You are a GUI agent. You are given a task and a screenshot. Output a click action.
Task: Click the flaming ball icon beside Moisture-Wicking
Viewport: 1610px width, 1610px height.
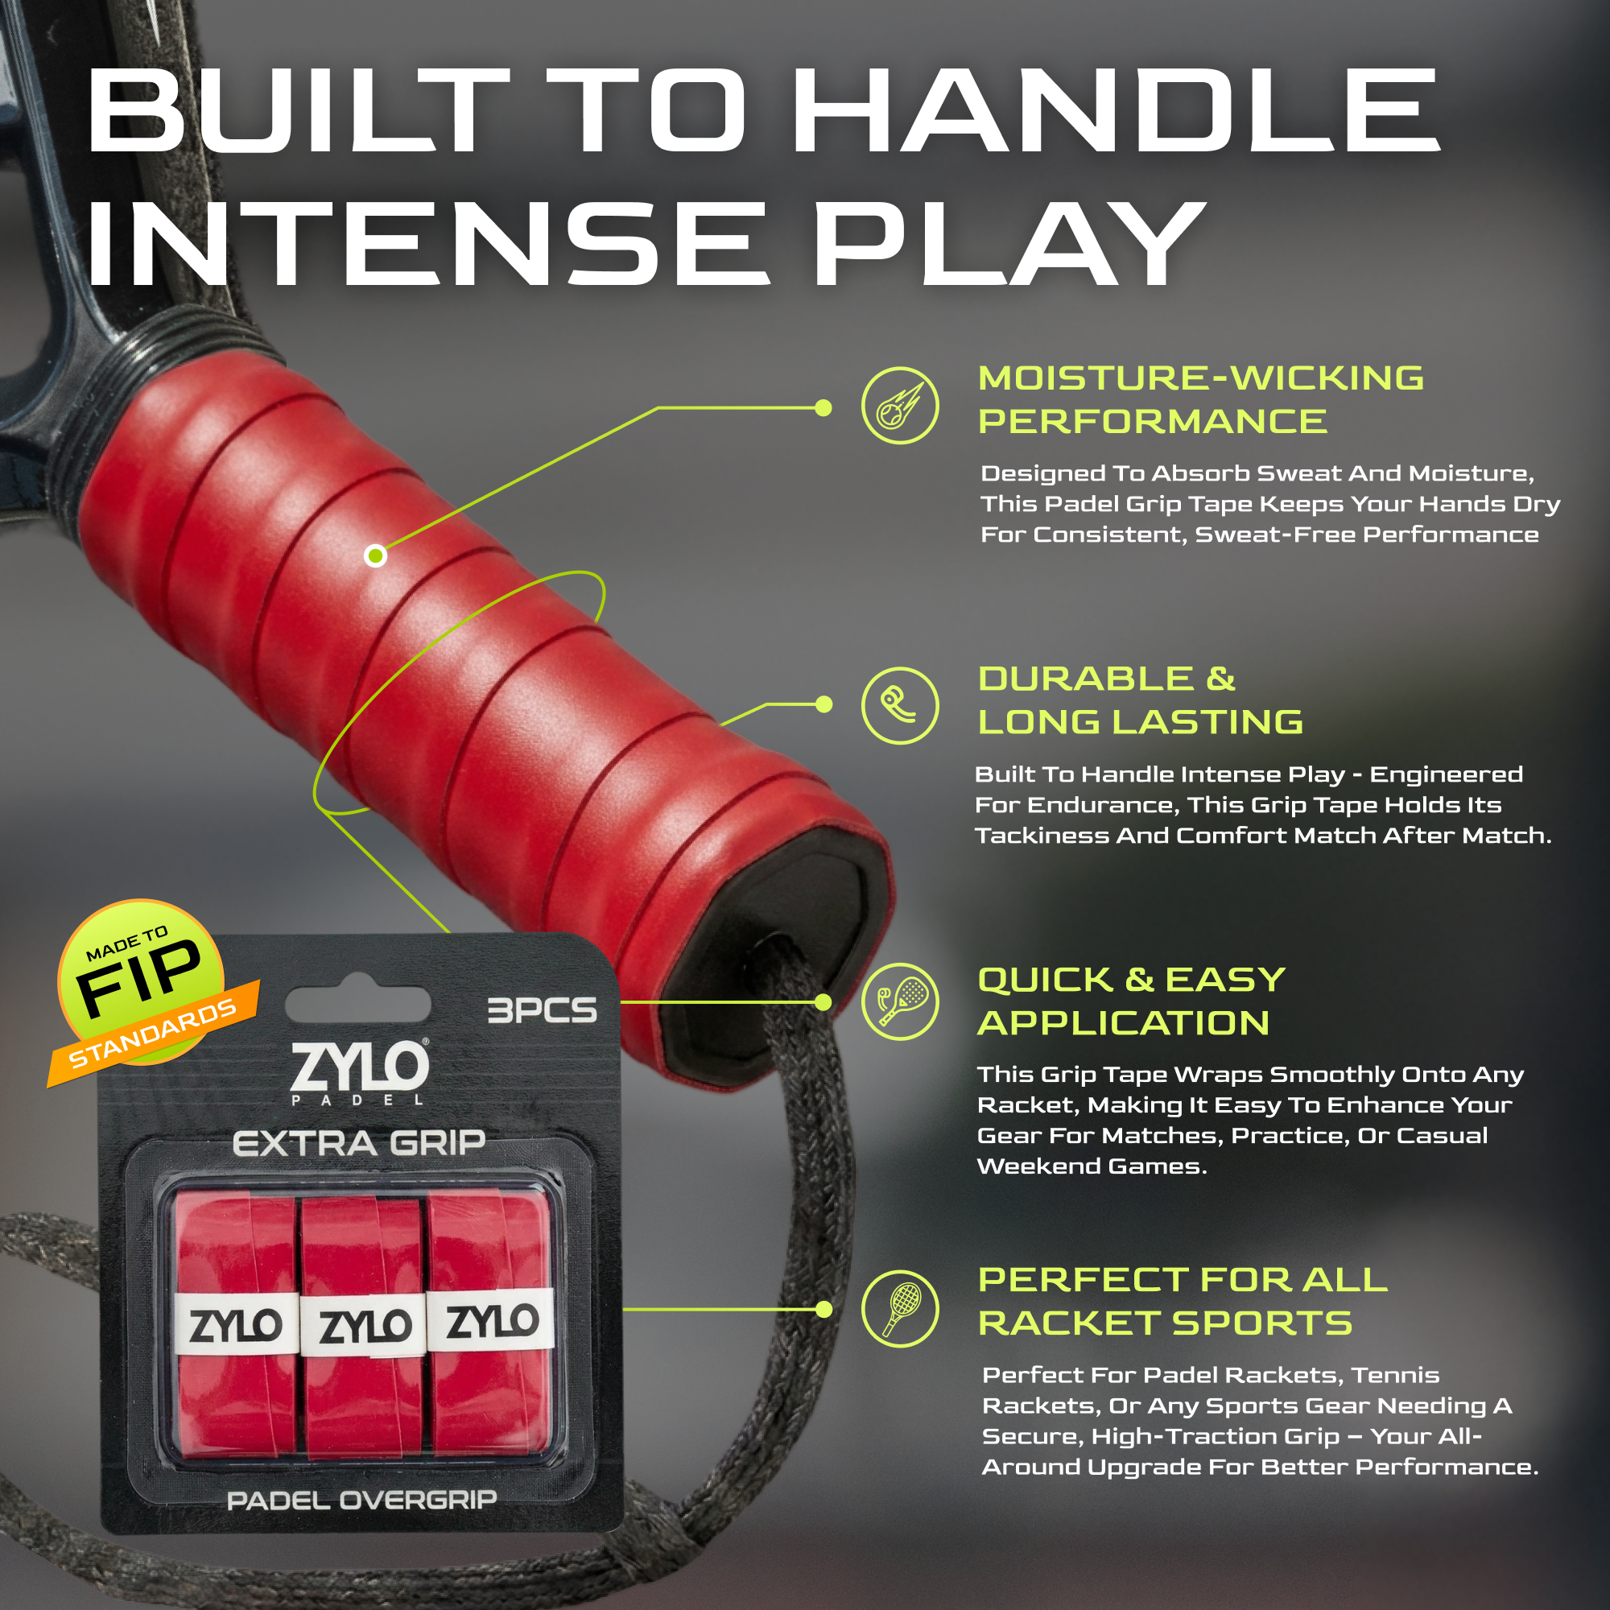click(x=900, y=406)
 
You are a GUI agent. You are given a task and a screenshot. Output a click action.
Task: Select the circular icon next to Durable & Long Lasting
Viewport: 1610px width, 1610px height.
click(x=900, y=705)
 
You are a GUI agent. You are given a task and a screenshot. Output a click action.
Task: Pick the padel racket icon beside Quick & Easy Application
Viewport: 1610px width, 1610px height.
click(x=900, y=1001)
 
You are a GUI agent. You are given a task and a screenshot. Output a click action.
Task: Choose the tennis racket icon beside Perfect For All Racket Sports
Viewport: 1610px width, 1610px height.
click(x=900, y=1309)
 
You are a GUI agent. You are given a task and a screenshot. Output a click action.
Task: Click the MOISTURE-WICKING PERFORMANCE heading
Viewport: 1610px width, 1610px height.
click(x=1201, y=400)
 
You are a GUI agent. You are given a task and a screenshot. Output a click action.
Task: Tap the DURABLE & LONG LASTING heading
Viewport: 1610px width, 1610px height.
click(x=1140, y=701)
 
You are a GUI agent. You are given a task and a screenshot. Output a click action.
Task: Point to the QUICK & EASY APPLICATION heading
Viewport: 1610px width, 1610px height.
click(x=1131, y=1001)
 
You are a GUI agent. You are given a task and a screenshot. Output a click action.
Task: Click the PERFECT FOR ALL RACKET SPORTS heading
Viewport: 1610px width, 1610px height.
click(x=1183, y=1302)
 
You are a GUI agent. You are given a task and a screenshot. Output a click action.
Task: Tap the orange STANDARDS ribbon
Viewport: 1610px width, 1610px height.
click(x=153, y=1034)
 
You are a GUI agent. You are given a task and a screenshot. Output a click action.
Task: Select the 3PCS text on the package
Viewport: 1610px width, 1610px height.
click(x=542, y=1011)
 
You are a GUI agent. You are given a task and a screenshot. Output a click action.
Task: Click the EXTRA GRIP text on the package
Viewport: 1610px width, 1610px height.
click(x=359, y=1143)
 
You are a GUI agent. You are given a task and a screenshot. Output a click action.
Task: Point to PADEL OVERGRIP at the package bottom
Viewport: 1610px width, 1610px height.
click(x=361, y=1501)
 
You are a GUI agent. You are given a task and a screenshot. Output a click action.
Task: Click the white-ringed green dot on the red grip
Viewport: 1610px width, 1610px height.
click(x=376, y=555)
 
